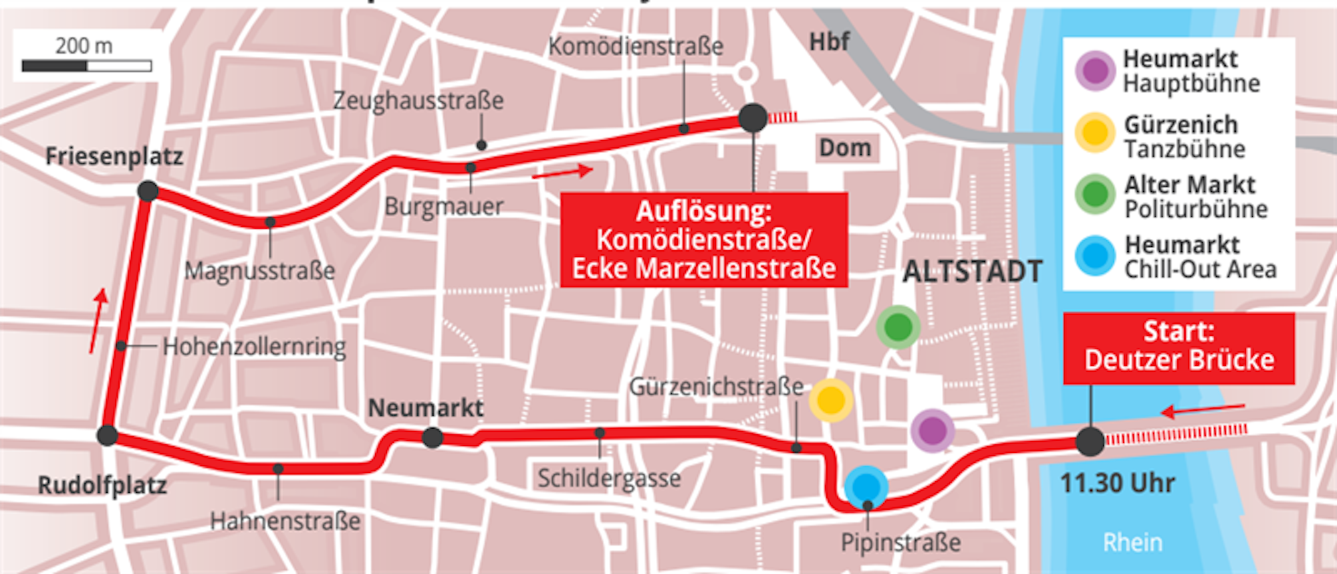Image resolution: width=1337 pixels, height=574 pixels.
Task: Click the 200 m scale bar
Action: pos(87,66)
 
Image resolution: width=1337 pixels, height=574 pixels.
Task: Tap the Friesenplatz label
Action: pos(114,157)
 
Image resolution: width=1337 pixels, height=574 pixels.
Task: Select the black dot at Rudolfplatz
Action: pos(107,436)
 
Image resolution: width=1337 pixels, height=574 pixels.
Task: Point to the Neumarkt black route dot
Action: pos(433,438)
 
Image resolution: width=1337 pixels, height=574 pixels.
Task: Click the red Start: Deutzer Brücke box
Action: pos(1179,347)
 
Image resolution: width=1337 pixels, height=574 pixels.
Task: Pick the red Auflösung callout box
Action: pos(704,240)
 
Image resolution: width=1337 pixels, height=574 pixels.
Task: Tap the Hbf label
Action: pos(829,42)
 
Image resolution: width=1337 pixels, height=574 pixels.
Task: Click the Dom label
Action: pos(845,148)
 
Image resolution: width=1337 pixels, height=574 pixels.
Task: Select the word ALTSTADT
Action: pos(972,272)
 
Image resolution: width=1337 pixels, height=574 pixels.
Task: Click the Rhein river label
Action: pos(1132,542)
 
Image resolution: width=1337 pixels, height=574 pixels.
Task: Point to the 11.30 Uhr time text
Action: pos(1117,483)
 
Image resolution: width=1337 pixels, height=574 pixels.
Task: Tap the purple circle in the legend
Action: pos(1095,70)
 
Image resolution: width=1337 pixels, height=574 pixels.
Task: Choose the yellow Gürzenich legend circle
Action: pos(1095,132)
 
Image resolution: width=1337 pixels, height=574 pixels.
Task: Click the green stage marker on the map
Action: pos(898,327)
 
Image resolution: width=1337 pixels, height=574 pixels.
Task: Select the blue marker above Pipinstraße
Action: pos(866,486)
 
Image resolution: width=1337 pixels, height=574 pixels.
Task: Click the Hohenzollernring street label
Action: pos(254,347)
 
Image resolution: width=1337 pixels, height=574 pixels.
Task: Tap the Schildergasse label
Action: pos(609,478)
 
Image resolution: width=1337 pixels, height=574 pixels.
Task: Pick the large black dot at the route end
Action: pos(753,118)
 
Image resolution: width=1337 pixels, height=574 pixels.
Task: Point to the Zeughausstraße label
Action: pos(418,101)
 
